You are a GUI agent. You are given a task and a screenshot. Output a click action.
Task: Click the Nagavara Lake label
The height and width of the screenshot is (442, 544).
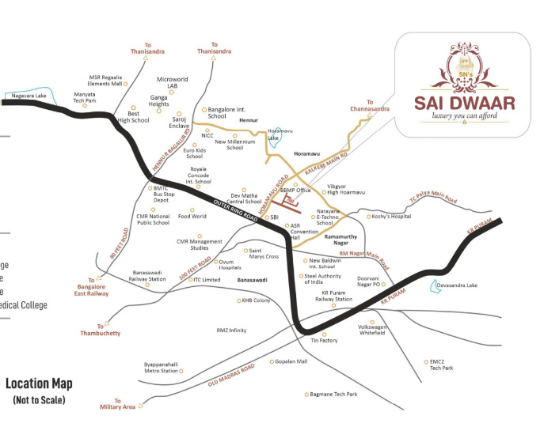click(x=29, y=96)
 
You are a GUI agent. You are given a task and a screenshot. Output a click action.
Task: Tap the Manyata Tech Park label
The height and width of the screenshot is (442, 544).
click(x=84, y=98)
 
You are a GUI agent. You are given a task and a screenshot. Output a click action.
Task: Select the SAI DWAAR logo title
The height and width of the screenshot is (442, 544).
click(x=465, y=103)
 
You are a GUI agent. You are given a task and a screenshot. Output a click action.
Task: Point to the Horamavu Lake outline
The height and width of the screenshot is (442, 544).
click(x=273, y=135)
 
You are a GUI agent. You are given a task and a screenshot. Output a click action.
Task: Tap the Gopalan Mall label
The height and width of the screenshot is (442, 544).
click(x=290, y=361)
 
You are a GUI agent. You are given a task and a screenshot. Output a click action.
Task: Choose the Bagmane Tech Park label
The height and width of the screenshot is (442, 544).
click(x=332, y=394)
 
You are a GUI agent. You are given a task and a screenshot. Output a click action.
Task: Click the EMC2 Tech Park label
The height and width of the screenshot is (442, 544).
click(x=441, y=365)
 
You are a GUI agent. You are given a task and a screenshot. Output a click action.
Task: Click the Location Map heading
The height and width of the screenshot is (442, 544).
click(x=39, y=384)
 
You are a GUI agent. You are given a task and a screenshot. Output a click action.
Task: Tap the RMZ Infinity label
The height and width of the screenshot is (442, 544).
click(x=231, y=331)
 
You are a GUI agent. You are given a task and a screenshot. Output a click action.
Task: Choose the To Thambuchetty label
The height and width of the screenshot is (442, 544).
click(x=100, y=330)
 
